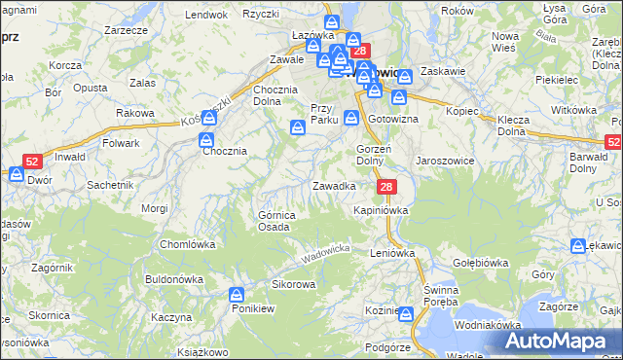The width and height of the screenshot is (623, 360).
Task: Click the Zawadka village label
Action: click(333, 185)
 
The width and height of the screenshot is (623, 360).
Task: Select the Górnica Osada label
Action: click(274, 221)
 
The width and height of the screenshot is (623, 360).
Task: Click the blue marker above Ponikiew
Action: click(238, 293)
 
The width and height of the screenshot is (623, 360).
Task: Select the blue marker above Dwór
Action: click(16, 173)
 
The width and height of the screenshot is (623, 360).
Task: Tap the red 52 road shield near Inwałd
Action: click(32, 162)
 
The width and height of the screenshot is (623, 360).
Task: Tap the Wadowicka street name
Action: click(325, 255)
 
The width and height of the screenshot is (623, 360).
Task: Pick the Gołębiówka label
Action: click(481, 263)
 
